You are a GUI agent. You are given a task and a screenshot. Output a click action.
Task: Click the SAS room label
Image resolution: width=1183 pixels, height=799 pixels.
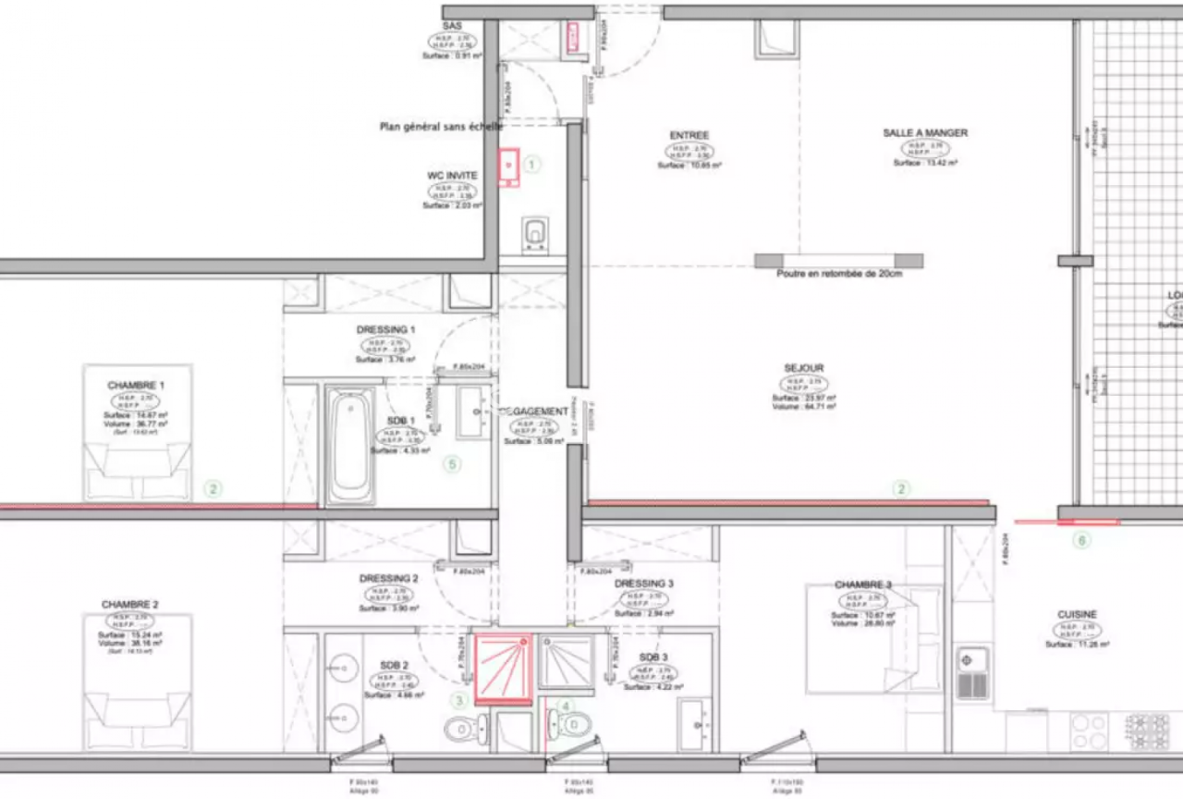point(453,26)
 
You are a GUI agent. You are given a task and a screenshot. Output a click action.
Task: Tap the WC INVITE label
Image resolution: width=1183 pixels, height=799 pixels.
point(452,175)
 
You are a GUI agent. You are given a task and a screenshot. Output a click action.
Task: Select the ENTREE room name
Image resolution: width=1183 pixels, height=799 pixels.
point(689,136)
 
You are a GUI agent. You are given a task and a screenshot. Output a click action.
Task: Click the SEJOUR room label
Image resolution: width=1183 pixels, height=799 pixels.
point(803,368)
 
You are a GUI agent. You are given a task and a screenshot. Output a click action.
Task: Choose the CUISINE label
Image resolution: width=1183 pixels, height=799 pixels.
point(1077,615)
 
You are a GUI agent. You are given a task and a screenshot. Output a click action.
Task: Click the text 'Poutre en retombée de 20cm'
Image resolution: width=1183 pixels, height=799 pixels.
point(838,275)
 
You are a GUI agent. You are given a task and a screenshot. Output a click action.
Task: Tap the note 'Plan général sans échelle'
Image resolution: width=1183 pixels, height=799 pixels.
point(442,127)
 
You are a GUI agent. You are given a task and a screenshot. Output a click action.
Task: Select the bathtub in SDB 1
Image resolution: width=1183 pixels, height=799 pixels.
point(350,446)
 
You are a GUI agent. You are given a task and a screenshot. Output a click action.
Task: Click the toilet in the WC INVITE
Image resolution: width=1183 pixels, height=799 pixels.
point(534,234)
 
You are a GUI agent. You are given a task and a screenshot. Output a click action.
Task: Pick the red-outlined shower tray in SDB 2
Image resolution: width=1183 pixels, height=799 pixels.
point(503,668)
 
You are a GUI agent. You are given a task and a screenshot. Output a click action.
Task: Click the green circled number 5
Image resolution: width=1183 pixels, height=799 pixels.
point(452,464)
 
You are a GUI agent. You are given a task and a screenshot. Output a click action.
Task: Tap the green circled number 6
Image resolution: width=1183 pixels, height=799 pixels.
point(1080,541)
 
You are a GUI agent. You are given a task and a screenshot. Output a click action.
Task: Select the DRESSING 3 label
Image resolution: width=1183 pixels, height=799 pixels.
point(643,584)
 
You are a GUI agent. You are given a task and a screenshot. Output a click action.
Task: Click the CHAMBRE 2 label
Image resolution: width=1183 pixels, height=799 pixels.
point(130,605)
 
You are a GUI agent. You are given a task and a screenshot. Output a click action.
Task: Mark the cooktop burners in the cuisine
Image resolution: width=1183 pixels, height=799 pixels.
point(1147,731)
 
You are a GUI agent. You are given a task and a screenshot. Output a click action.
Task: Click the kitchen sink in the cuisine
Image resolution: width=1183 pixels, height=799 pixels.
point(972,672)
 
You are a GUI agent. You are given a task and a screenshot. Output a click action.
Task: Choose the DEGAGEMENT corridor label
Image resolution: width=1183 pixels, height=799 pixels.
point(532,412)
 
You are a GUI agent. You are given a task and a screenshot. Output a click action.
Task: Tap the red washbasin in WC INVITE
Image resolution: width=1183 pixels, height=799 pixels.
point(508,167)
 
